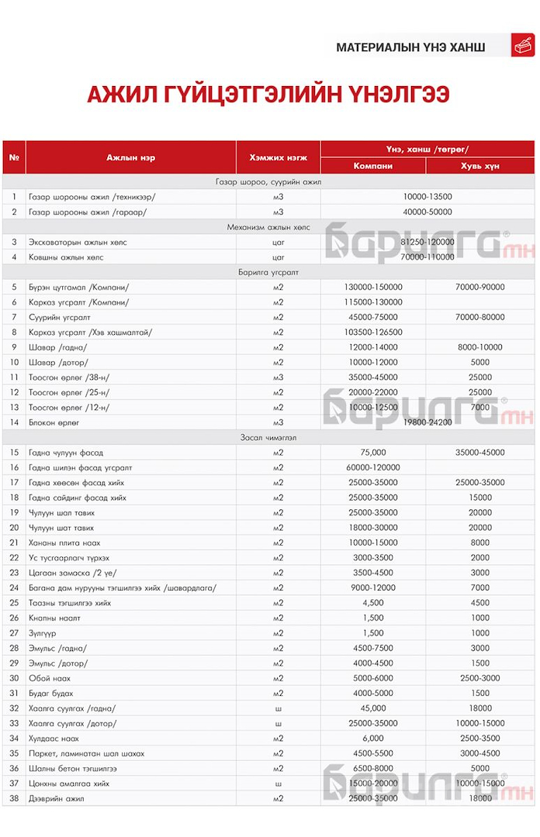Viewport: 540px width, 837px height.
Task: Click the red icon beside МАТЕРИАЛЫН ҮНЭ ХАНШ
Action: pos(522,46)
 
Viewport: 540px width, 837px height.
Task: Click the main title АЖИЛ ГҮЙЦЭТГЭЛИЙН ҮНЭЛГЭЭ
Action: pos(268,95)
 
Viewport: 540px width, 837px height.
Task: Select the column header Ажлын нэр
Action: pos(130,157)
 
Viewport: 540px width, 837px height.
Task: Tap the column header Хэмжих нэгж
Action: pos(278,157)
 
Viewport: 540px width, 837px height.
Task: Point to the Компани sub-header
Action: pos(372,166)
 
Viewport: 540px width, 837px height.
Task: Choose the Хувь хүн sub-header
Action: pos(480,166)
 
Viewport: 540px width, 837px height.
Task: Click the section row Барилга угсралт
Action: pos(268,272)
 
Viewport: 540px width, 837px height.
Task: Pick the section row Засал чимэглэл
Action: pos(268,437)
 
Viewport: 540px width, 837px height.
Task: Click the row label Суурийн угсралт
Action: pos(59,317)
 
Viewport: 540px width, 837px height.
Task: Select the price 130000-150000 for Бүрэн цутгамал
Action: pos(373,287)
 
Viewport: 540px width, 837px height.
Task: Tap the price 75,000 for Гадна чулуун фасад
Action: pos(373,453)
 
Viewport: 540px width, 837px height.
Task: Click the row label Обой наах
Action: pos(50,678)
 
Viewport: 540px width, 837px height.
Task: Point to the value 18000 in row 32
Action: pos(480,708)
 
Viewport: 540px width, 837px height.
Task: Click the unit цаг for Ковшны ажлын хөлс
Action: pos(278,257)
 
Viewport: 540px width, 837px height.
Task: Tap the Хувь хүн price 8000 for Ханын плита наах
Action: pos(480,542)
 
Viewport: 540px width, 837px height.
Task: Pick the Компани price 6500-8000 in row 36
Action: pos(373,769)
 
